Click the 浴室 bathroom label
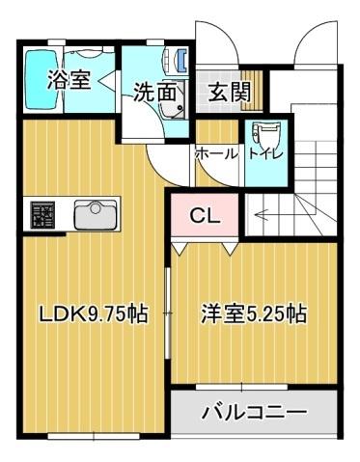pyautogui.click(x=69, y=80)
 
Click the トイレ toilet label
pyautogui.click(x=265, y=152)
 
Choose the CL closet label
pyautogui.click(x=205, y=215)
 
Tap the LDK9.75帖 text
pyautogui.click(x=93, y=313)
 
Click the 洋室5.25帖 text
pyautogui.click(x=253, y=313)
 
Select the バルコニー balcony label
pyautogui.click(x=253, y=413)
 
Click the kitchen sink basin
pyautogui.click(x=95, y=212)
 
